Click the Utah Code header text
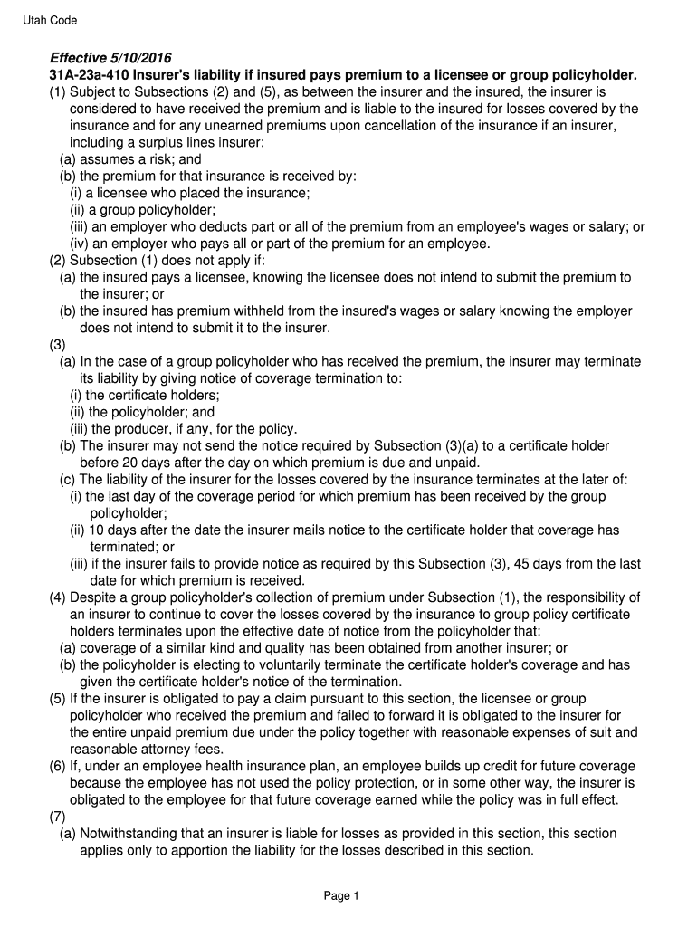[51, 20]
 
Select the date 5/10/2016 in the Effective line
[139, 58]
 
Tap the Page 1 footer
[342, 896]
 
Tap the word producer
[145, 429]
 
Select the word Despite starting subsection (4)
[96, 597]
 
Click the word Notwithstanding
[133, 834]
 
